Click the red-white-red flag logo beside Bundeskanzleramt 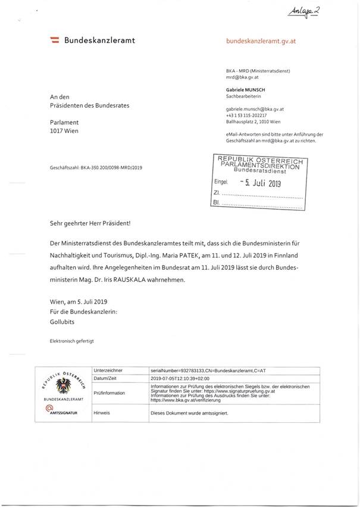pyautogui.click(x=54, y=40)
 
